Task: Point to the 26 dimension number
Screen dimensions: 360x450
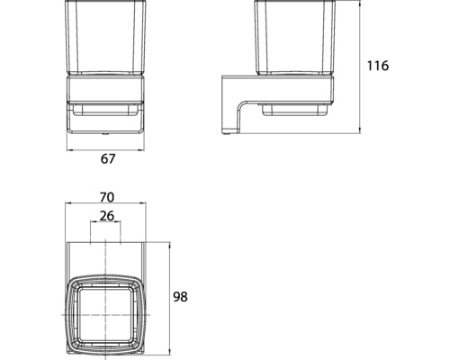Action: [x=105, y=216]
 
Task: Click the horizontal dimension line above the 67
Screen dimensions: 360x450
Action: [x=105, y=146]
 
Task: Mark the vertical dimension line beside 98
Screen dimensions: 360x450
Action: [x=171, y=296]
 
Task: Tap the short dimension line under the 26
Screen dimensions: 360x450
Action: [x=105, y=226]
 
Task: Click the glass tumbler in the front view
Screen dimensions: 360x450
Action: [x=105, y=40]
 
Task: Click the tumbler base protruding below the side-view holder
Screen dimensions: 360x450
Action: [x=290, y=112]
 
